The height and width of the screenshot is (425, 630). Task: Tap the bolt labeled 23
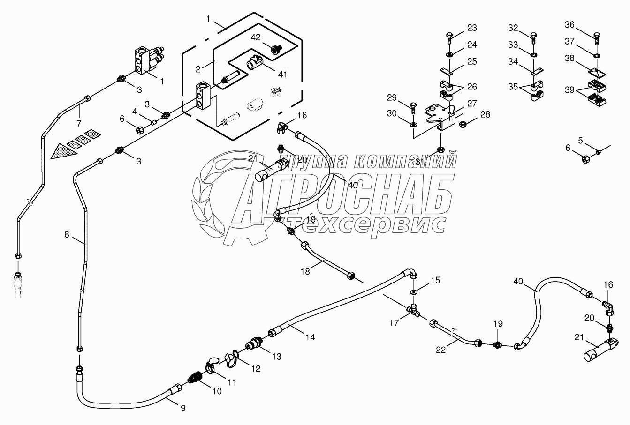coord(449,39)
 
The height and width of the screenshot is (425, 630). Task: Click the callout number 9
coord(182,408)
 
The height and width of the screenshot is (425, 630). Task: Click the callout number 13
coord(276,357)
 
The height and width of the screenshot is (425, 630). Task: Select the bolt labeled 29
coord(413,107)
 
